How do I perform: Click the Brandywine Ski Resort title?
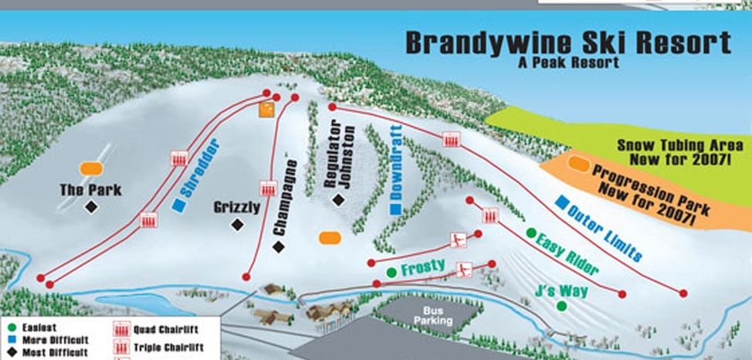point(567,43)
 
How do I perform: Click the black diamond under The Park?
point(91,206)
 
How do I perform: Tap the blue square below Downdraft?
point(395,209)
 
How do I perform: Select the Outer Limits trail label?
point(605,231)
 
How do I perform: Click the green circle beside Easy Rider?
point(531,233)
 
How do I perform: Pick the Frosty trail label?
point(422,267)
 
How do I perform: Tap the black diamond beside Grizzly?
point(238,224)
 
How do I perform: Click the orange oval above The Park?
point(91,168)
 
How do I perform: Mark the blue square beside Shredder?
point(178,205)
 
